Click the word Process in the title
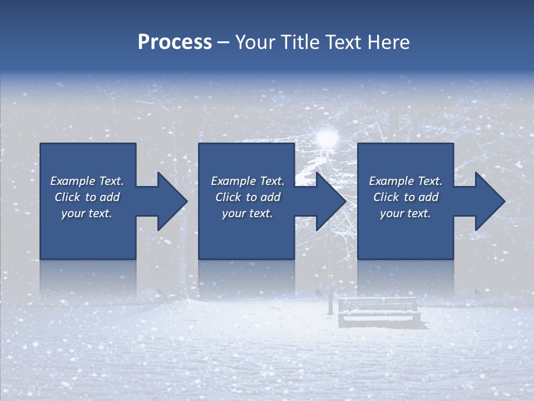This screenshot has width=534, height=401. [175, 42]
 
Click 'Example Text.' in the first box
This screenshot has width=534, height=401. [87, 181]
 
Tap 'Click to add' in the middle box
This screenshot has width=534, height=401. [248, 197]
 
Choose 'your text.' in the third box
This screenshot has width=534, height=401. [405, 213]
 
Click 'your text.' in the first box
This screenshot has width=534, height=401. [87, 213]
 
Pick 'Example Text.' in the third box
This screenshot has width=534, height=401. [406, 181]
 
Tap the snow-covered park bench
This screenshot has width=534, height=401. [378, 312]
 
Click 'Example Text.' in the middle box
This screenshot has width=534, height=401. [248, 181]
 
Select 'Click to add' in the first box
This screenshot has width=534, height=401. [87, 197]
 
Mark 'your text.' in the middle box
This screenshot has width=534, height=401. [247, 213]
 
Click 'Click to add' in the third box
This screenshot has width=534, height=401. [406, 197]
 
